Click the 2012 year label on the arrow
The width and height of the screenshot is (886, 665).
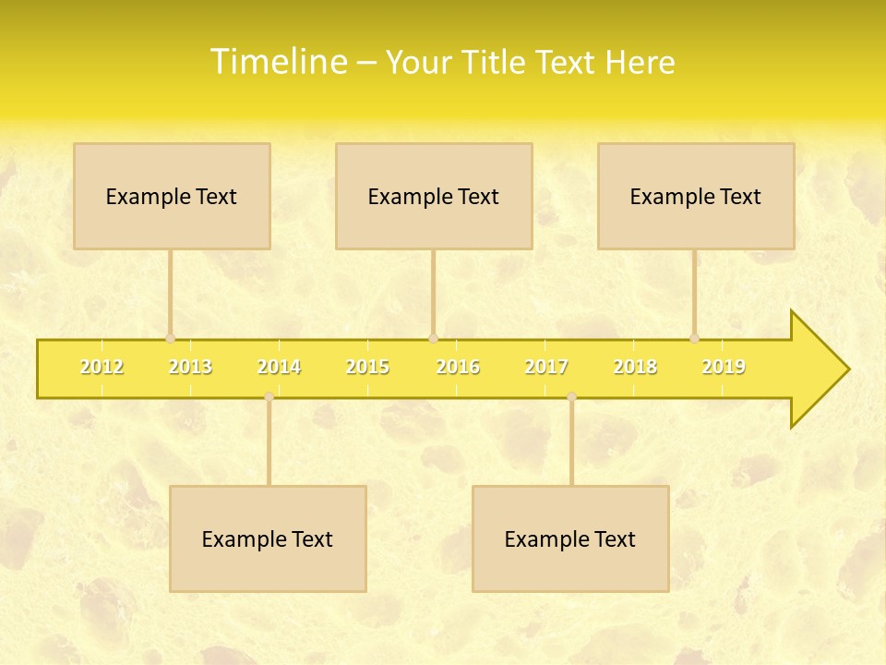(102, 367)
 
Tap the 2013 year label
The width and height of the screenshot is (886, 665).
(190, 367)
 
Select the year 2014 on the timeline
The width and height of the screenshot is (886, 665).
(279, 367)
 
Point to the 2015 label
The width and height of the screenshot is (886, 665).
(367, 367)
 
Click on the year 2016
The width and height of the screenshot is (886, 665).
(458, 367)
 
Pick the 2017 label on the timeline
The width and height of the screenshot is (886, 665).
(546, 367)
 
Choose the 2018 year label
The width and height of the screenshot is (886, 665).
(635, 367)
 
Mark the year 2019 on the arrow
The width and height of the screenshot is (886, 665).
(724, 367)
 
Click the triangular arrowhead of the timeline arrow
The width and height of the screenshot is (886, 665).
(817, 369)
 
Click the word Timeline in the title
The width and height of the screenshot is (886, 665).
(278, 62)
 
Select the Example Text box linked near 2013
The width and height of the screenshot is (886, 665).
(172, 196)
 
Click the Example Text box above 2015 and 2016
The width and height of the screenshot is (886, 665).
(434, 196)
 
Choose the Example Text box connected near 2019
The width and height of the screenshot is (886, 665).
(696, 196)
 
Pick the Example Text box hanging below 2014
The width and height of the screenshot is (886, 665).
(268, 538)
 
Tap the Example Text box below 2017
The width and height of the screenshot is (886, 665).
(570, 538)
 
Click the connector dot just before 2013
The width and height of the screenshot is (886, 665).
(170, 339)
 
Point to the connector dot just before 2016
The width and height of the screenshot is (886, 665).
(433, 339)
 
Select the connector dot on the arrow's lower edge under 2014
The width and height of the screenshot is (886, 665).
(269, 396)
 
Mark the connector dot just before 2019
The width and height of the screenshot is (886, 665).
(694, 339)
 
